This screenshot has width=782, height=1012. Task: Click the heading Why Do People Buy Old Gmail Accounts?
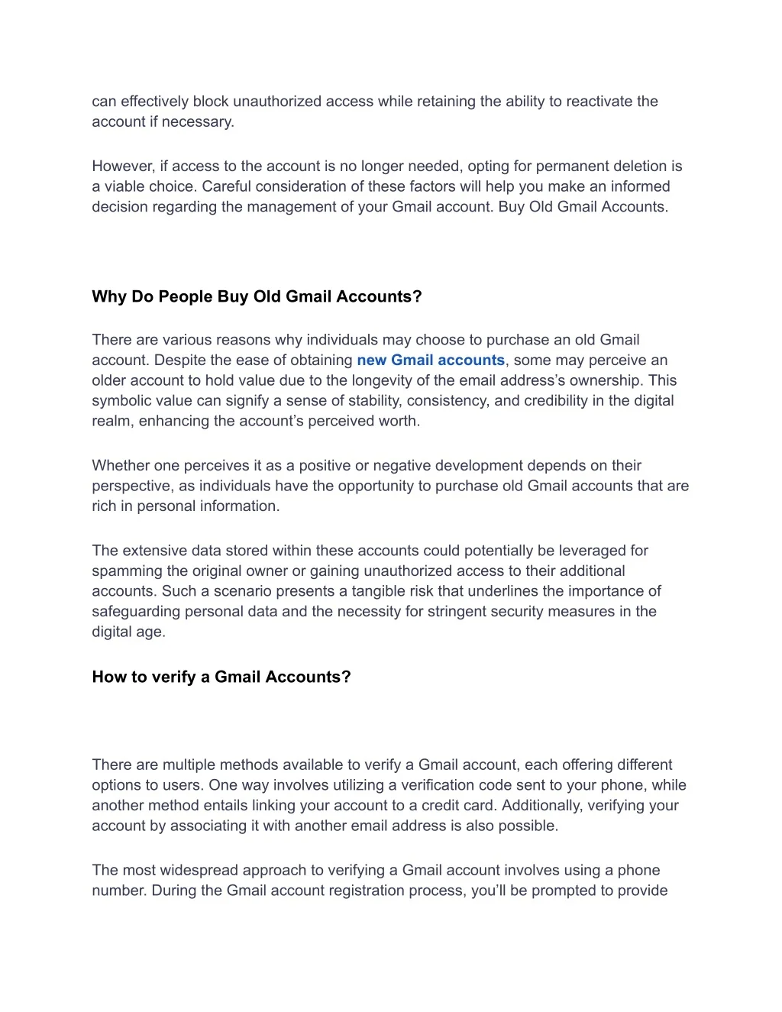tap(257, 296)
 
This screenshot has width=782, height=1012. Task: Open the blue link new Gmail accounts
tap(431, 361)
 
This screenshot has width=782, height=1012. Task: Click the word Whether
tap(121, 466)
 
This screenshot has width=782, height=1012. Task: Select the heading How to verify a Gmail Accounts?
tap(221, 677)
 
